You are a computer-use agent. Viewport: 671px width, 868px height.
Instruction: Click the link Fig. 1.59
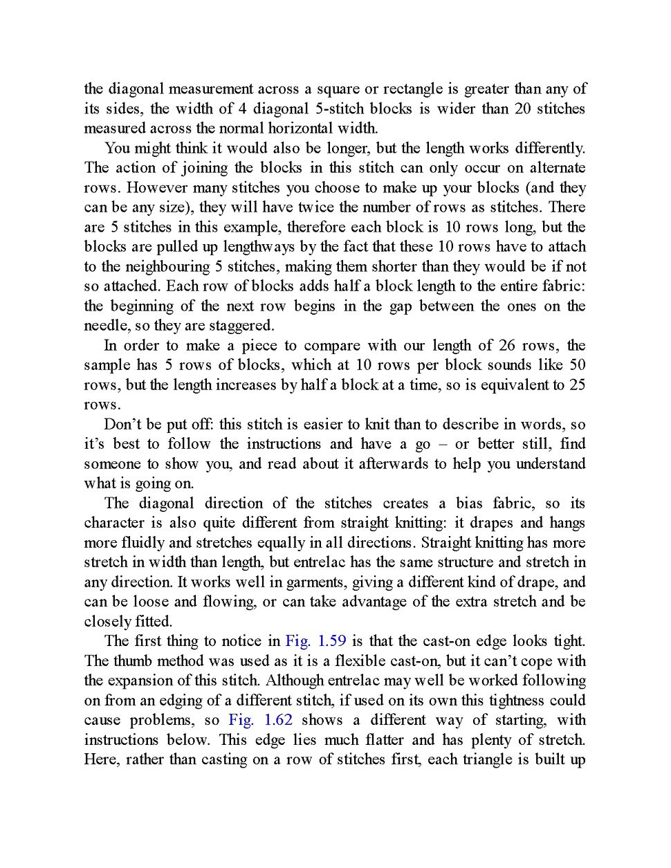point(315,641)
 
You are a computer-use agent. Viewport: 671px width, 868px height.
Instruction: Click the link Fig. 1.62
point(260,720)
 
